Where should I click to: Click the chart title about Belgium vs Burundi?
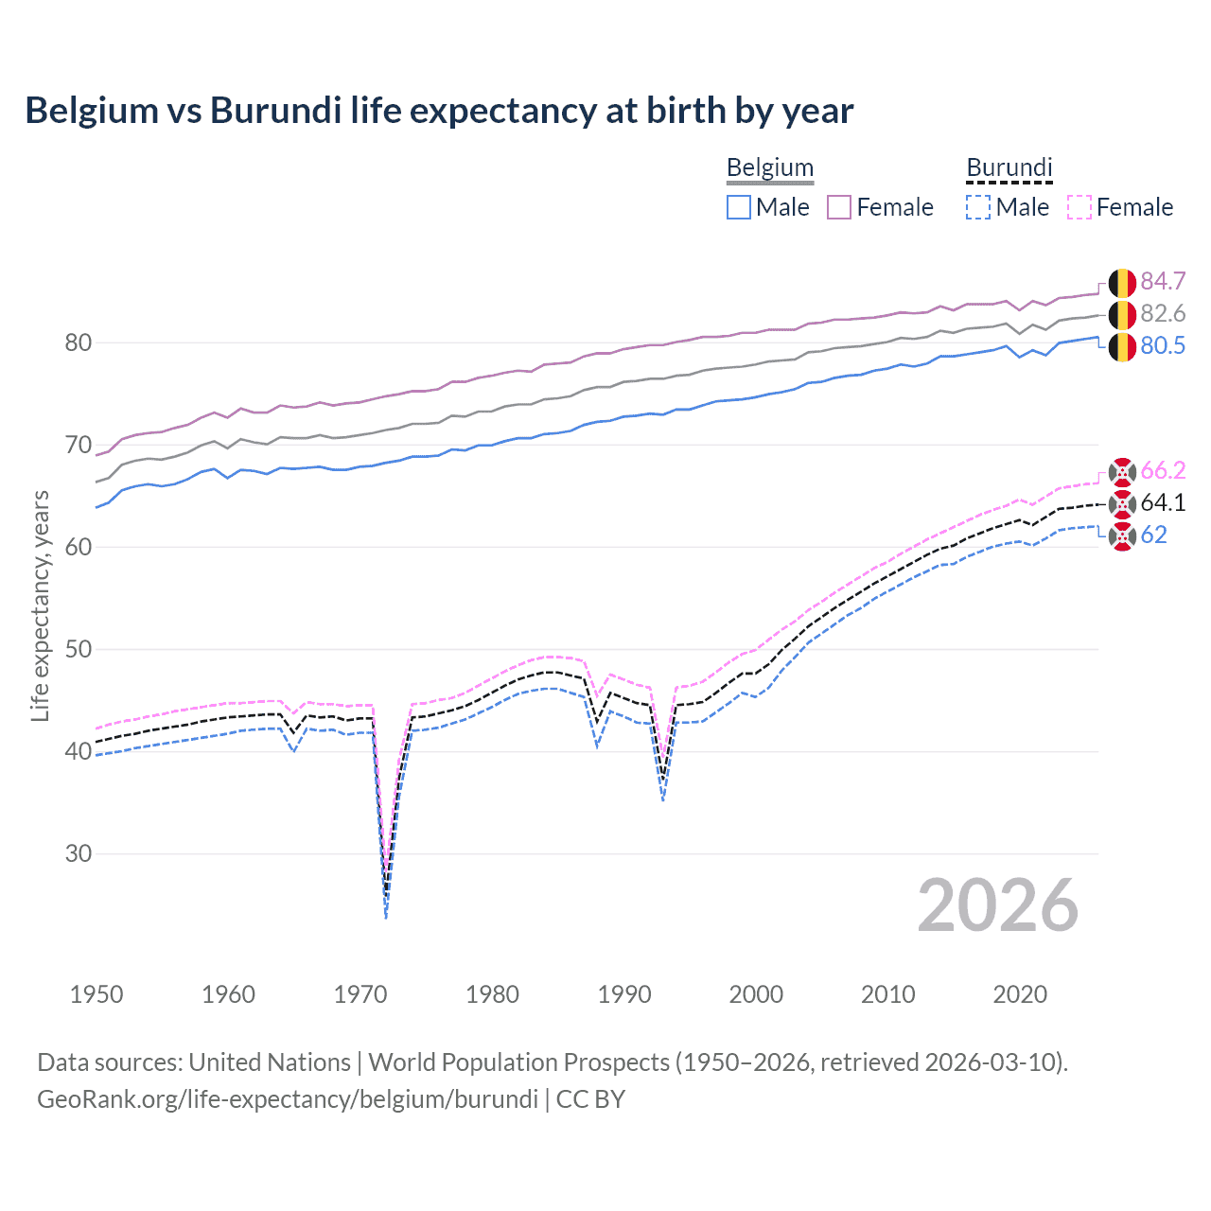[x=439, y=111]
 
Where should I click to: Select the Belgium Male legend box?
[x=739, y=207]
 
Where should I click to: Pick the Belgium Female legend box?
[x=839, y=207]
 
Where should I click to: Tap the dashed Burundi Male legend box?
[x=978, y=207]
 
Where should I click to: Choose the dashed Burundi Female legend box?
[x=1079, y=207]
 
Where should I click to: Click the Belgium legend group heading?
[x=770, y=168]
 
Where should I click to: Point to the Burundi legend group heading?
[x=1009, y=168]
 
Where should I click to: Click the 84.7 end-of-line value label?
[x=1163, y=281]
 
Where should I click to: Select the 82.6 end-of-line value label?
[x=1163, y=313]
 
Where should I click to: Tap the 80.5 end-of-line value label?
[x=1163, y=345]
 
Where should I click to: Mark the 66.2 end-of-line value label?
[x=1163, y=470]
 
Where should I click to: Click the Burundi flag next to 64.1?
[x=1122, y=503]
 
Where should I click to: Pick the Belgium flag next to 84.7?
[x=1122, y=282]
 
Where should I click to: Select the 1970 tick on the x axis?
[x=360, y=994]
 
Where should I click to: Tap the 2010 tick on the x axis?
[x=887, y=994]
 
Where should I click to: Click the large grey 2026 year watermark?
[x=998, y=905]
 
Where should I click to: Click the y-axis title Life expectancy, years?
[x=40, y=605]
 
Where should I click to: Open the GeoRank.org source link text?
[x=287, y=1098]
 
